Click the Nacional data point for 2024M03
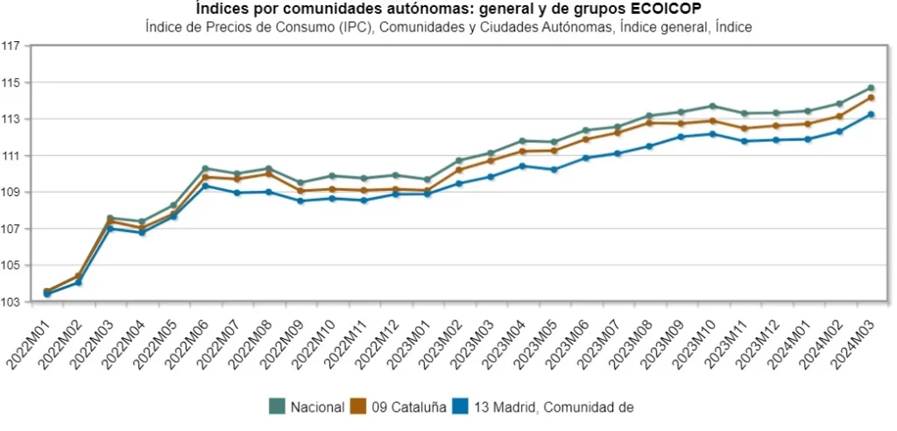(x=871, y=88)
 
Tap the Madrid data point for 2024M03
(x=871, y=114)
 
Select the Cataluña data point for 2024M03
(x=871, y=97)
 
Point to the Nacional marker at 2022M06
(x=205, y=168)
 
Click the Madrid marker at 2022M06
(x=205, y=186)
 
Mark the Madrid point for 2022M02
(x=79, y=282)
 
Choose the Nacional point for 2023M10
(x=712, y=106)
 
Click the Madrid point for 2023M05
(x=554, y=169)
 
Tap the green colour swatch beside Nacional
(x=278, y=406)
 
